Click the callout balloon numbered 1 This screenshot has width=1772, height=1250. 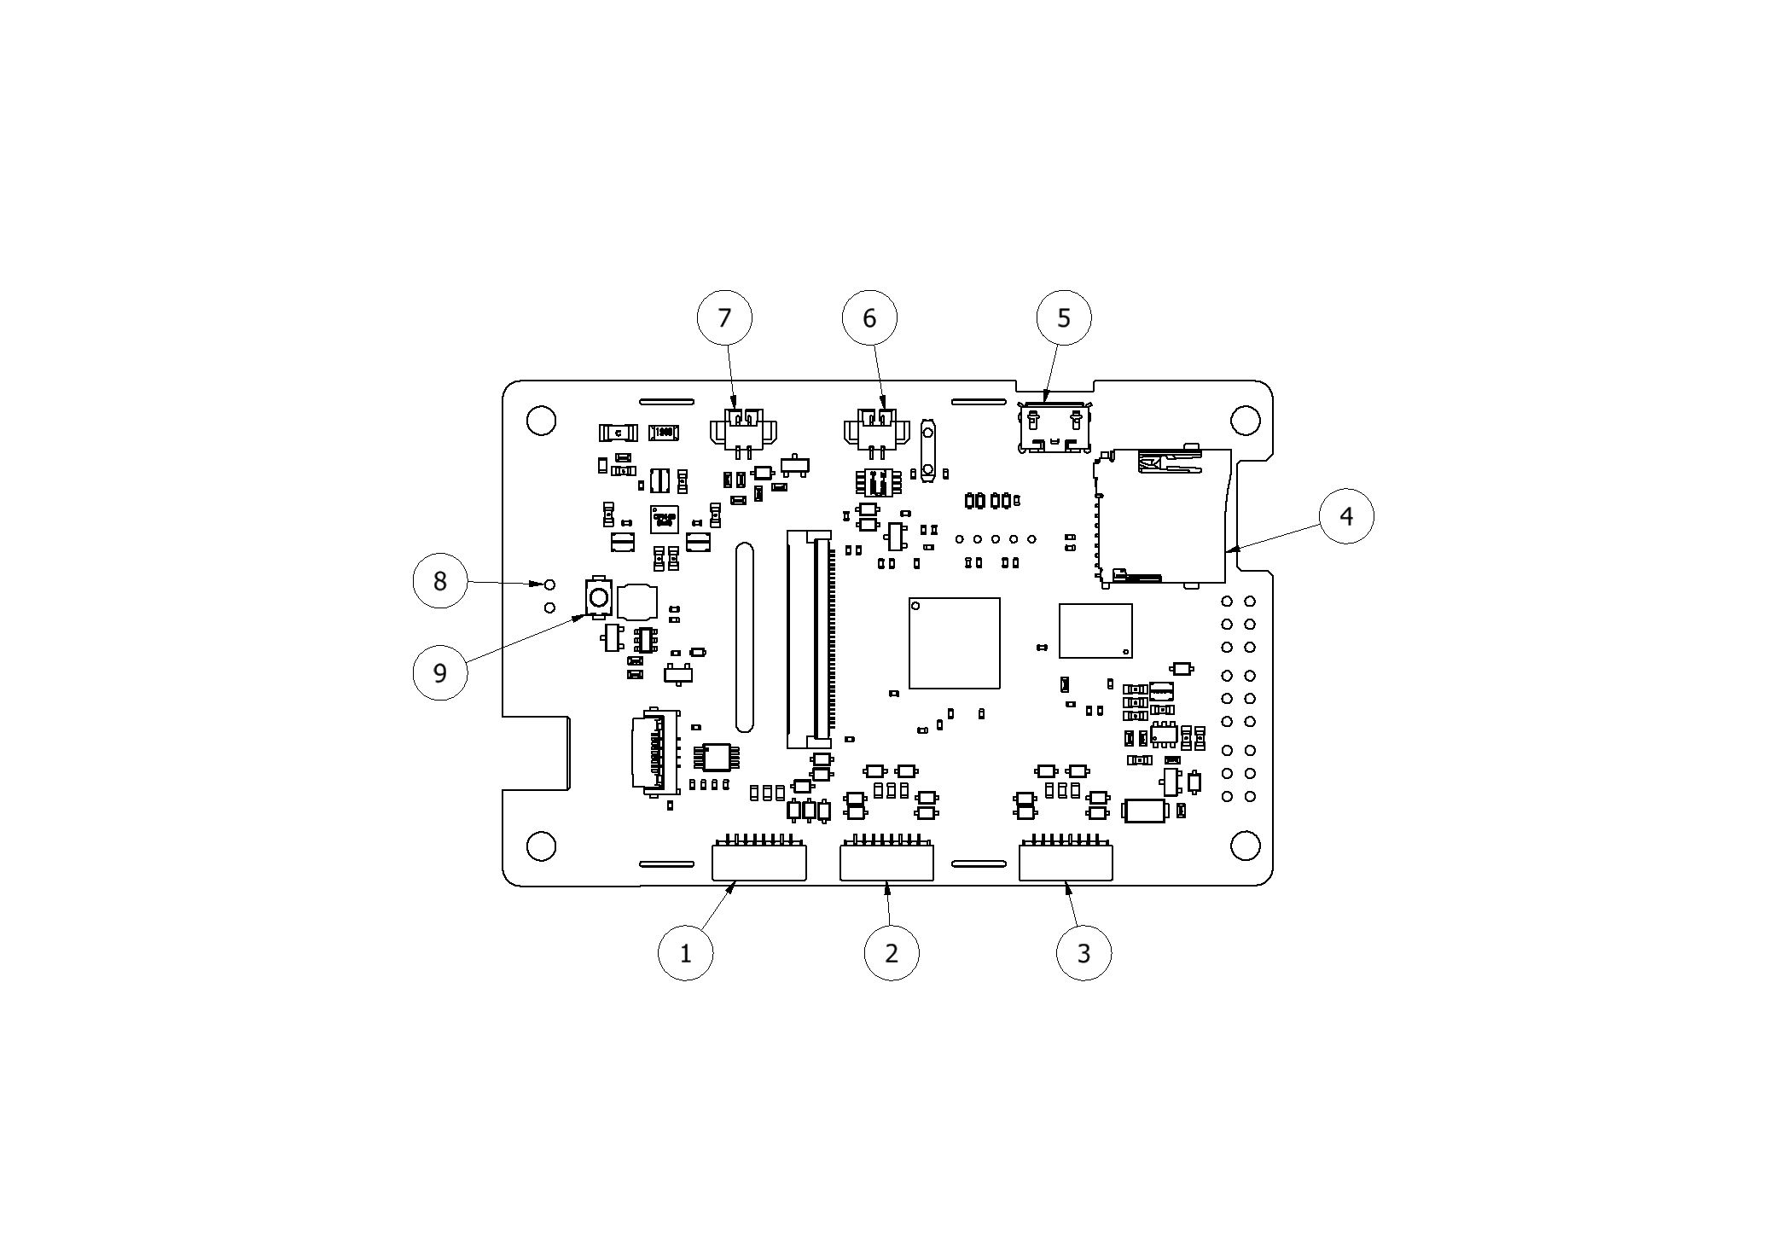(685, 952)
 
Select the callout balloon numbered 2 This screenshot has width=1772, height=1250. (892, 952)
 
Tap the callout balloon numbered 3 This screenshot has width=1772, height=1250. (1084, 952)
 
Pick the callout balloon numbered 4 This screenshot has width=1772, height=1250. (1345, 515)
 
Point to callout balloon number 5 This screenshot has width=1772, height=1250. (1063, 317)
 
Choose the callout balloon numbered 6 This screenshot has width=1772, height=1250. (869, 317)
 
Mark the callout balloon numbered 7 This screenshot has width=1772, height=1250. (724, 317)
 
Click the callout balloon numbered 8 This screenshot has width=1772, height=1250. (439, 580)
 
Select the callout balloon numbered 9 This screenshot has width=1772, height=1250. (439, 672)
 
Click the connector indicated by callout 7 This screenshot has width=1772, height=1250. (742, 431)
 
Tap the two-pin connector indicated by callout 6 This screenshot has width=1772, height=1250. (876, 431)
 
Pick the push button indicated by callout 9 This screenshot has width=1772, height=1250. (599, 596)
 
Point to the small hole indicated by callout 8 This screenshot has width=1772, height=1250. (549, 584)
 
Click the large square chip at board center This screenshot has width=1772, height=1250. (954, 642)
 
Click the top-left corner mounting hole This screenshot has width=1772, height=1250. (541, 421)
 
